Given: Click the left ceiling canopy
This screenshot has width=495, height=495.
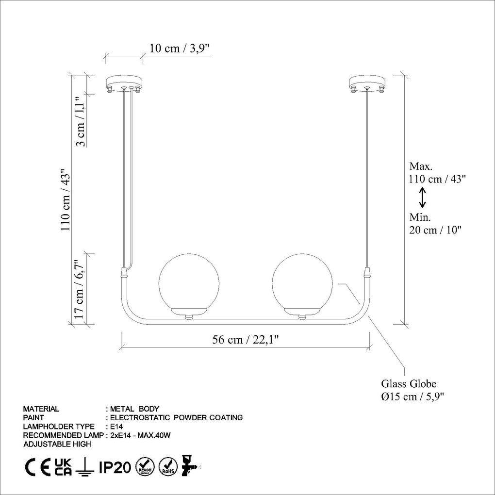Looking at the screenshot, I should (x=124, y=82).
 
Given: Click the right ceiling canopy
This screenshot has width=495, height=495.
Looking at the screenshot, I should (x=367, y=82).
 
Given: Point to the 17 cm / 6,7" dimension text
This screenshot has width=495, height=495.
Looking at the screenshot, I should (x=79, y=290).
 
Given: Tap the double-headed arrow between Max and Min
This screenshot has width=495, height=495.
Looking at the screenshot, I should (x=423, y=197).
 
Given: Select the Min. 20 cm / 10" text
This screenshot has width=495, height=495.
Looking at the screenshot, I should (x=435, y=224).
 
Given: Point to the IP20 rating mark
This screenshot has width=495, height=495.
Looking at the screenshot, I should (x=115, y=467).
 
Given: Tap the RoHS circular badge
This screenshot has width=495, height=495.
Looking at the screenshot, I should (x=168, y=467).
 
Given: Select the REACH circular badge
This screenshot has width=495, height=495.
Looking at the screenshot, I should (x=145, y=467).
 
